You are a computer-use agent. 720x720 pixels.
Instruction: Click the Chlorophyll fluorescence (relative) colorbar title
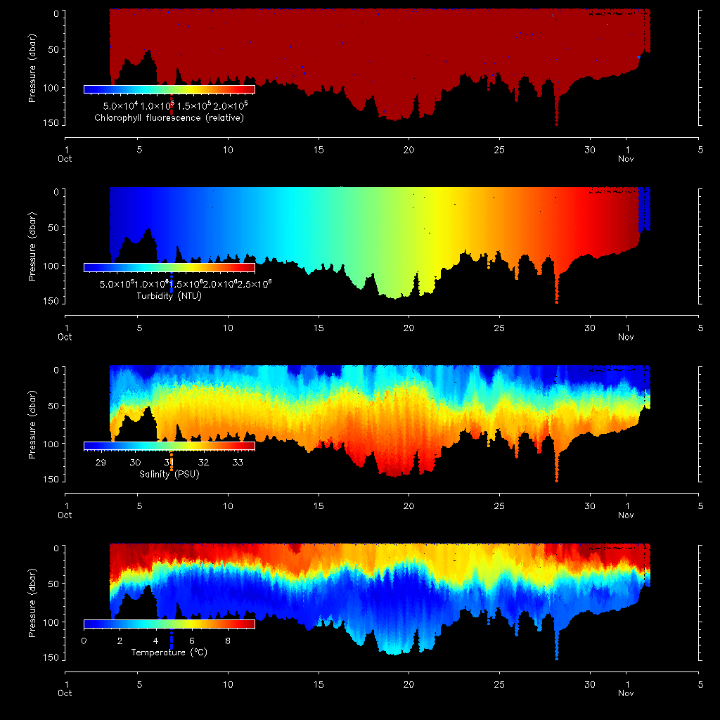(x=169, y=118)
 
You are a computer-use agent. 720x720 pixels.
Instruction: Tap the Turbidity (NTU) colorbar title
(x=169, y=297)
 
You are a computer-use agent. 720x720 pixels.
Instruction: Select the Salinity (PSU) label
(x=169, y=475)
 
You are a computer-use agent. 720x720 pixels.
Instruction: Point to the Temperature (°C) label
(x=169, y=652)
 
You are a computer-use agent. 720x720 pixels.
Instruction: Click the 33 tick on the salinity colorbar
(x=238, y=463)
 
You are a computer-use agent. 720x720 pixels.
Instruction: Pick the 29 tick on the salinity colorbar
(x=101, y=463)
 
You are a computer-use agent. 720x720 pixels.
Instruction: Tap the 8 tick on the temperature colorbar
(x=227, y=641)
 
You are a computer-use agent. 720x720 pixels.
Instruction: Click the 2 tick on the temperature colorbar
(x=120, y=641)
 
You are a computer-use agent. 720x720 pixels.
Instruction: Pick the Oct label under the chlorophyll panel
(x=65, y=159)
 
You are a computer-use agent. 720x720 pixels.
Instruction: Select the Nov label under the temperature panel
(x=626, y=693)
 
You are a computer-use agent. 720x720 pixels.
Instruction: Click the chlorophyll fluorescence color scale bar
(x=169, y=89)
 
